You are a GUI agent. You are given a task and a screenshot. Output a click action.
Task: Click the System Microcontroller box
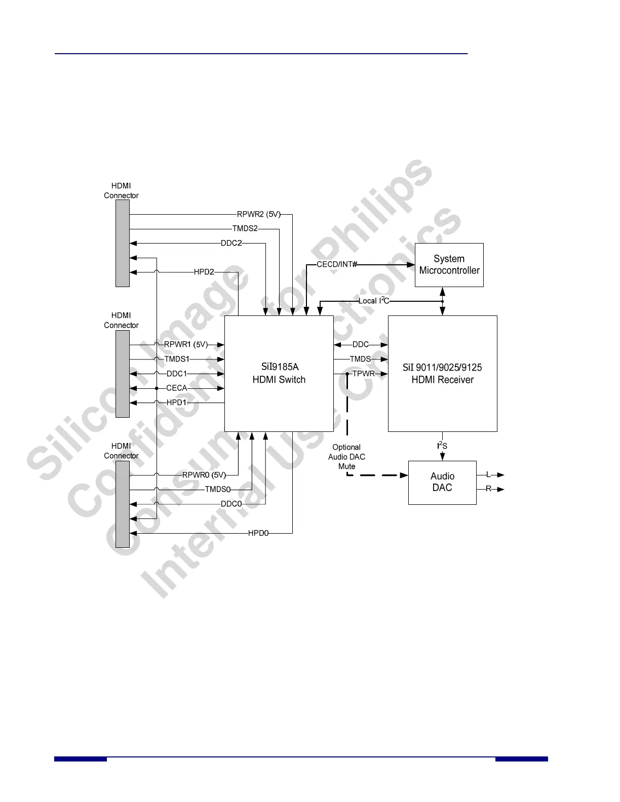click(449, 265)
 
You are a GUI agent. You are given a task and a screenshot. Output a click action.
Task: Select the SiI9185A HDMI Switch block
click(279, 373)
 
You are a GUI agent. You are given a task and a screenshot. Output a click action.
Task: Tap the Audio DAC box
click(442, 482)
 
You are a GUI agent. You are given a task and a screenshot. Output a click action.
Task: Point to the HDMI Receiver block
click(442, 373)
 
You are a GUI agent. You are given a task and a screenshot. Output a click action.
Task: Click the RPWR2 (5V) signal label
click(258, 214)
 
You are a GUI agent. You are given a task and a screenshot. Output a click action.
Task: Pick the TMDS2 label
click(245, 228)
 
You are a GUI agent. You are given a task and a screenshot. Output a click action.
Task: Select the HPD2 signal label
click(204, 272)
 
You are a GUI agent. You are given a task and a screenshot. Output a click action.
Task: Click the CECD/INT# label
click(337, 264)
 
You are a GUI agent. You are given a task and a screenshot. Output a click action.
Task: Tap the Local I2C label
click(374, 301)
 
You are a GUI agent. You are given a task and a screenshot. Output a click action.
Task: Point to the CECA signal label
click(177, 388)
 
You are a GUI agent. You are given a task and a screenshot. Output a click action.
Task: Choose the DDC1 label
click(177, 374)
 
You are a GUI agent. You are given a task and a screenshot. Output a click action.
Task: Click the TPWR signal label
click(363, 374)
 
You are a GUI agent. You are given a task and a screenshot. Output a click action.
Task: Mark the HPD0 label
click(258, 533)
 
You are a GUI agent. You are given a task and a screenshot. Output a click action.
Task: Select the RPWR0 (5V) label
click(204, 475)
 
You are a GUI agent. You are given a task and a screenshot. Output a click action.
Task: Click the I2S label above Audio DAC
click(442, 446)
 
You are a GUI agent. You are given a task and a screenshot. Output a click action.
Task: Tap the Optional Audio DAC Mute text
click(346, 457)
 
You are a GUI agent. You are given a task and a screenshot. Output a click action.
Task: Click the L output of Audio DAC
click(488, 475)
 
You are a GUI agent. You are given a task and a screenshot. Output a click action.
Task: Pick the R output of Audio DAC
click(488, 489)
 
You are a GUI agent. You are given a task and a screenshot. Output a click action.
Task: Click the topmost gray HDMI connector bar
click(123, 243)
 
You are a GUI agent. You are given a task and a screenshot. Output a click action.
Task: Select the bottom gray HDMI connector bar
click(123, 504)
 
